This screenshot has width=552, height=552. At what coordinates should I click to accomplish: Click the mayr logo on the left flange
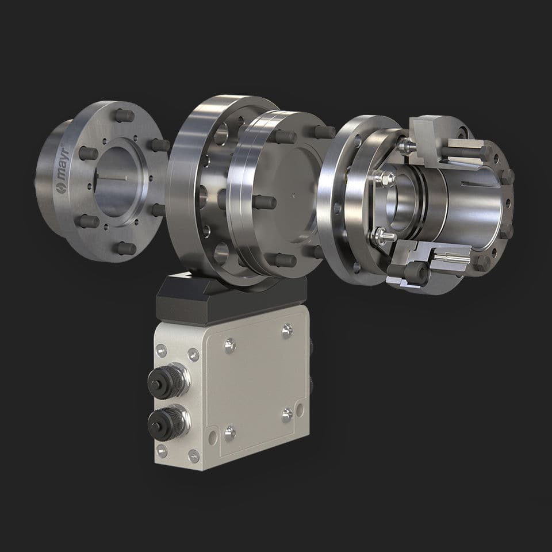point(65,167)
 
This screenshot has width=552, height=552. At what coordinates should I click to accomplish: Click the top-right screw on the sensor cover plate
point(287,329)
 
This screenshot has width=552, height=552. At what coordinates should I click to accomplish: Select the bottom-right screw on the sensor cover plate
point(287,413)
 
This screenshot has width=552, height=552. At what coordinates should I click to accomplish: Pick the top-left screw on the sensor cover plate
point(230,345)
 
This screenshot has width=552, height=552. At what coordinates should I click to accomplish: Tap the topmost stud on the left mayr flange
point(124,116)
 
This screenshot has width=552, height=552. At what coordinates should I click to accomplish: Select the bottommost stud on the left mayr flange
point(125,248)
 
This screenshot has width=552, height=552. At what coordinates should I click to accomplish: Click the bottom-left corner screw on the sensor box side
point(162,451)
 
